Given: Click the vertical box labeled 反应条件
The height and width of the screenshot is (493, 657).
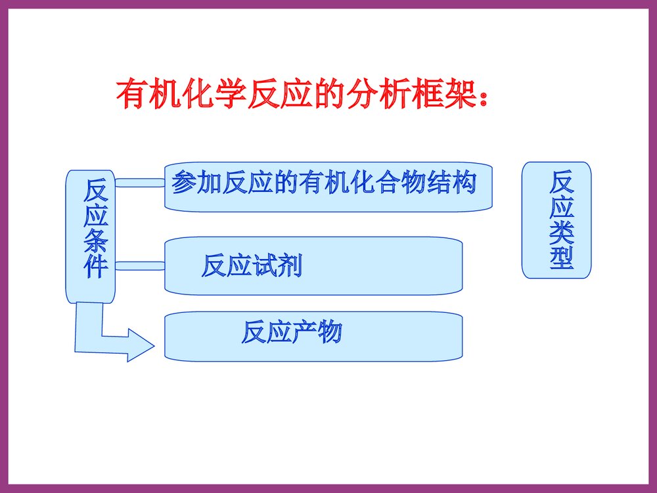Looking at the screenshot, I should pos(91,237).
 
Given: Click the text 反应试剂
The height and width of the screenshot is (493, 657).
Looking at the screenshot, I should pos(252,266).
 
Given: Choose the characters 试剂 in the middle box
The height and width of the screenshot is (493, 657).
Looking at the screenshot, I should pos(277,266).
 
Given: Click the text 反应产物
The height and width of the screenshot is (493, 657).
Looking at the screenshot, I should pos(292,333).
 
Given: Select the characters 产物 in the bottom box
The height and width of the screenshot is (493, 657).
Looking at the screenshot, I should pos(317,333).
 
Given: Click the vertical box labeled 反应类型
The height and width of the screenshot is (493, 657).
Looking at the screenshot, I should pos(556,220).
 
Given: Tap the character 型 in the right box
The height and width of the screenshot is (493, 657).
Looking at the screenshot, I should pos(562,258).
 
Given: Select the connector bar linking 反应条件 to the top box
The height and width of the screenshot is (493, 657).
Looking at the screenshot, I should pos(139,182).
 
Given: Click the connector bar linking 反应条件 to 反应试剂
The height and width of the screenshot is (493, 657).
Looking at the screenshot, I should pos(139,266).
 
